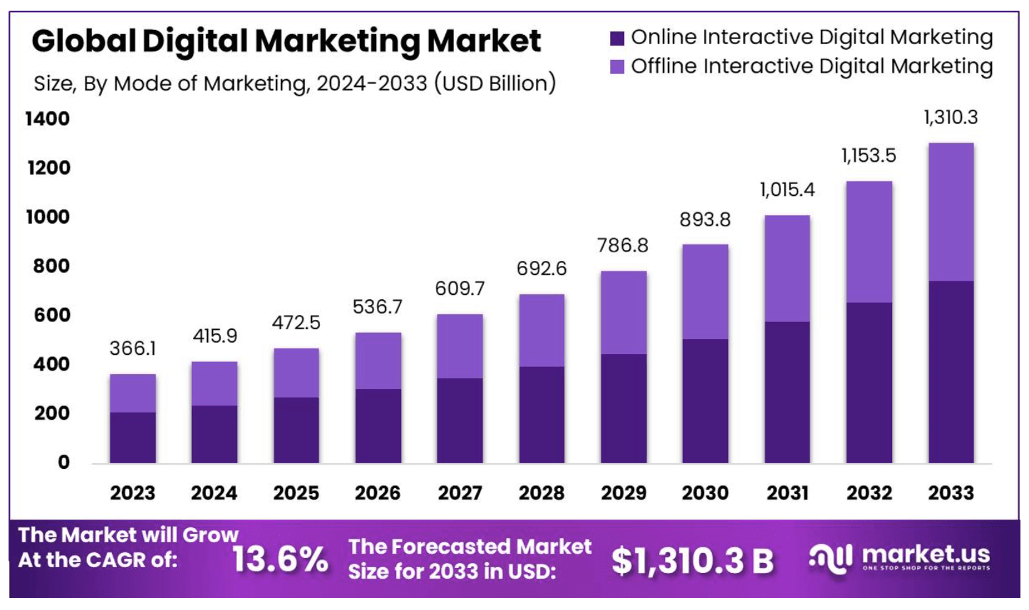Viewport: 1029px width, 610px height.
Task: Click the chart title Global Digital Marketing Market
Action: (286, 41)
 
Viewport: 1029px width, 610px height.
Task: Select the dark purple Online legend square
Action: (617, 38)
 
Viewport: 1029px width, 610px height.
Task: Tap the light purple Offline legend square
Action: (617, 67)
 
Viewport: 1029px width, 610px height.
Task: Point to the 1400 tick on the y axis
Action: (48, 119)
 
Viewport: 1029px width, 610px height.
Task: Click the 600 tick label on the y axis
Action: (51, 315)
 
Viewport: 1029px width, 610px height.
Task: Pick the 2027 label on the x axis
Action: (460, 493)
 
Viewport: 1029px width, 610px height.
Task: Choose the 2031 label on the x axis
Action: (787, 493)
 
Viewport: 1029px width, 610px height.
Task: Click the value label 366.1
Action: (133, 348)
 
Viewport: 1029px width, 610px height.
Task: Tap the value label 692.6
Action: (542, 269)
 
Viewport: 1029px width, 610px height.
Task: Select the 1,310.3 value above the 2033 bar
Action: (951, 118)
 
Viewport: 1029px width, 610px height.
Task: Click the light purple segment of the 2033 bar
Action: (951, 212)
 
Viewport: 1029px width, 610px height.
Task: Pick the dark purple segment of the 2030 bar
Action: (705, 400)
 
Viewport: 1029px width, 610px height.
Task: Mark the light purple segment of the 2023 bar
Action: (133, 393)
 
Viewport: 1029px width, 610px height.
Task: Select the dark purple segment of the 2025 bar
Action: (296, 430)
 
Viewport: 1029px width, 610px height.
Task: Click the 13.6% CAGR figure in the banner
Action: (280, 559)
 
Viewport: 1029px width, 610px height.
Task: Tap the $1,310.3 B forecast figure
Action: (692, 561)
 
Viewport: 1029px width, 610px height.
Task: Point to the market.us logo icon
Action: (830, 558)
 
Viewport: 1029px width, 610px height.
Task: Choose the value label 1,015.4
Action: (787, 190)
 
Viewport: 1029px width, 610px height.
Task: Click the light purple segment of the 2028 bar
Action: (542, 330)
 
